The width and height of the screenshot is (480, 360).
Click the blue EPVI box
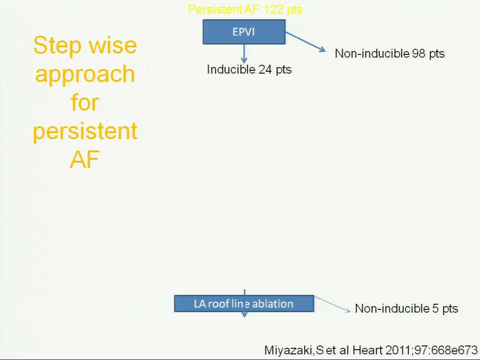click(x=244, y=32)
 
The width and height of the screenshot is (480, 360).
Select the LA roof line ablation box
click(x=244, y=304)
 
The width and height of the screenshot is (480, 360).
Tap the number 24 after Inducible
click(x=265, y=69)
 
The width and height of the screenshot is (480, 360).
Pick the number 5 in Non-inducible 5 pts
click(x=435, y=308)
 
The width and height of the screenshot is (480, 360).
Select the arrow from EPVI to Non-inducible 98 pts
click(x=306, y=42)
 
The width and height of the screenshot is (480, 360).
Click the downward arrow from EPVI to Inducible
click(x=244, y=54)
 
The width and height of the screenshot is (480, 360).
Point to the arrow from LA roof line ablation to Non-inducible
click(x=332, y=304)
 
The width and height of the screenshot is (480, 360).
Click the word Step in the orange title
click(x=58, y=46)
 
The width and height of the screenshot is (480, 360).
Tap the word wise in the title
click(x=113, y=45)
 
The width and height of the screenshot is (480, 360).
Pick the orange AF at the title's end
click(x=84, y=159)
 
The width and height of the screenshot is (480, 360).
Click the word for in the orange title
click(x=85, y=102)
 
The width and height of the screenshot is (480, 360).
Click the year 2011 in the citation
click(x=397, y=350)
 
